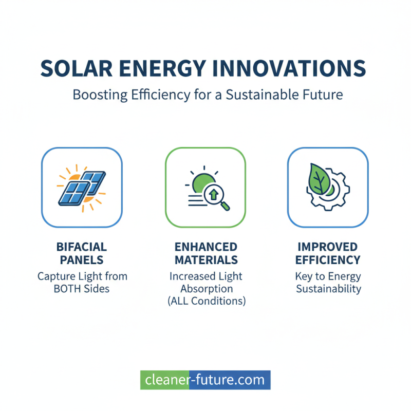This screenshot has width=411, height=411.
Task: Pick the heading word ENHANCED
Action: pyautogui.click(x=206, y=247)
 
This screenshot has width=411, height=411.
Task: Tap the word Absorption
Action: pyautogui.click(x=206, y=289)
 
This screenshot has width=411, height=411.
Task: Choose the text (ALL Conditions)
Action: pyautogui.click(x=206, y=302)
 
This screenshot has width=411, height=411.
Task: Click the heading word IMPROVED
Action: pyautogui.click(x=328, y=247)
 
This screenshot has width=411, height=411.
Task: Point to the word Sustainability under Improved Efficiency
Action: pyautogui.click(x=328, y=289)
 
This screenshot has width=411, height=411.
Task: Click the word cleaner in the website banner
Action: pyautogui.click(x=166, y=380)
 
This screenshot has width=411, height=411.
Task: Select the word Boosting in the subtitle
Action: pyautogui.click(x=96, y=95)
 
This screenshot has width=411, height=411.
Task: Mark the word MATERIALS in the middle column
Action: pyautogui.click(x=206, y=259)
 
